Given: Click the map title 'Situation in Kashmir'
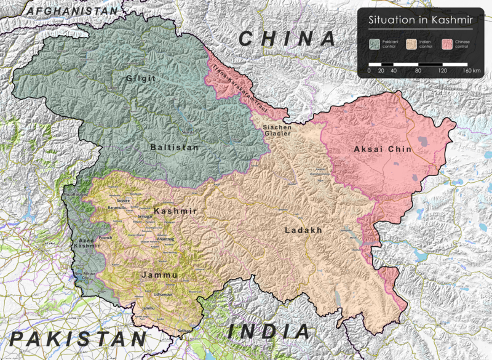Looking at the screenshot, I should coord(420,20).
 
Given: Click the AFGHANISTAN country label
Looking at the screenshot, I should coord(73,11).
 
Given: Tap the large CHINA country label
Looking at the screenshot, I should coord(287,39).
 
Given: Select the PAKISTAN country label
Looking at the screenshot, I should coord(78,339).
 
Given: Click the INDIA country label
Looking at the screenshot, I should coord(269,332).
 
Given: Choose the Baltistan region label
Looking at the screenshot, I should coord(174,148).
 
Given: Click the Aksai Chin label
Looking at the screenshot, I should coord(383,150).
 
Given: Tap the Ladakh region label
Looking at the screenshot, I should coord(303,230).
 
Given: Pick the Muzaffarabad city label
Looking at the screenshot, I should coord(76,194).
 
